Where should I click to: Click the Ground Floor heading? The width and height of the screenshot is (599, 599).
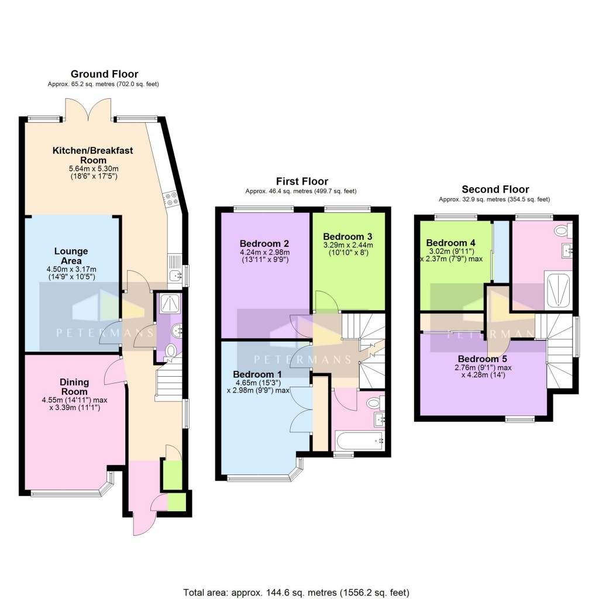(104, 74)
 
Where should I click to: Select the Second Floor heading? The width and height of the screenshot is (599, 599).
(495, 189)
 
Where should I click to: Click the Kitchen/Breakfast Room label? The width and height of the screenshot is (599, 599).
(93, 155)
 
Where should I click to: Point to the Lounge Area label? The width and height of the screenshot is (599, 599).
(71, 256)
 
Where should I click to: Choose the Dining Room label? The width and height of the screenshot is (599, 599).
(74, 387)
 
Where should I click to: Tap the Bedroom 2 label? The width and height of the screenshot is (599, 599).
(264, 243)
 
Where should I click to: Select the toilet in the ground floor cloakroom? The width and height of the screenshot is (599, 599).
(171, 350)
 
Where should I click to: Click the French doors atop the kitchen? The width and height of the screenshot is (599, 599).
(88, 109)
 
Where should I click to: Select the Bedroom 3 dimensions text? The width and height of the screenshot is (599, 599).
(348, 249)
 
